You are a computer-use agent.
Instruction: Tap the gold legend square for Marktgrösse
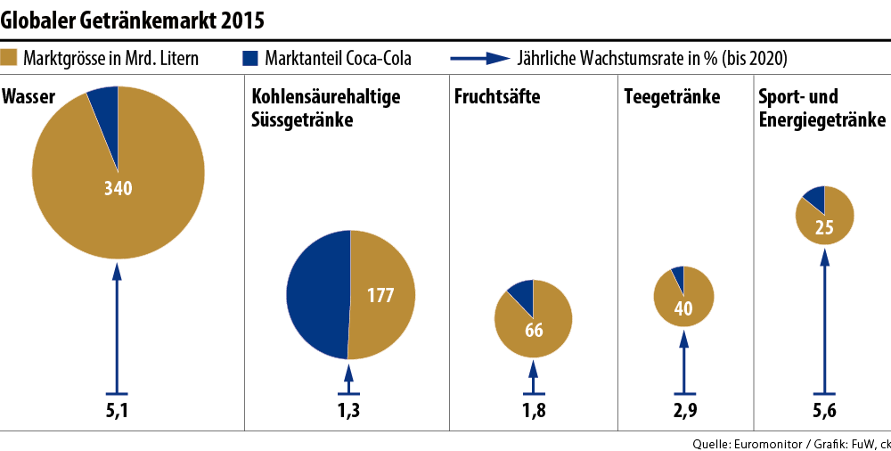pos(11,59)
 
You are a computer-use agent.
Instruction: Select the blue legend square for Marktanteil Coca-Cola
pos(249,59)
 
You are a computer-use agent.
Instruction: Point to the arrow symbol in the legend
pos(480,59)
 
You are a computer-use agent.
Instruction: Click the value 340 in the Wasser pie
pos(118,188)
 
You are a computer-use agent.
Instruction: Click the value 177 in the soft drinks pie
pos(380,296)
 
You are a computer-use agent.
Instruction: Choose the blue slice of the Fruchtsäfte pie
pos(521,292)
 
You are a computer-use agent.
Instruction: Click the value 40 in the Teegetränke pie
pos(683,309)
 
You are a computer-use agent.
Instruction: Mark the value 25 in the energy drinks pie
pos(824,227)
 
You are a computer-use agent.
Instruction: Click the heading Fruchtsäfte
pos(497,97)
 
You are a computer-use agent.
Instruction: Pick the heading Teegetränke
pos(672,97)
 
